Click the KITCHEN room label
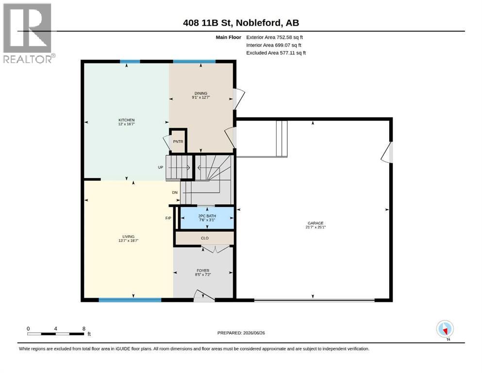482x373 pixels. click(127, 120)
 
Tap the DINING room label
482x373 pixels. click(201, 93)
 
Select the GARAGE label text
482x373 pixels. click(316, 223)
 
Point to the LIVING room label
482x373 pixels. click(129, 237)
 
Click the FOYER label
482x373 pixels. click(203, 271)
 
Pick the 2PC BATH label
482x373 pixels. click(207, 216)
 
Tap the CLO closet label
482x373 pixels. click(205, 238)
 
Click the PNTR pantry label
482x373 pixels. click(178, 141)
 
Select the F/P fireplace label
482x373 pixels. click(168, 218)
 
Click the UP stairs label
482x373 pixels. click(161, 167)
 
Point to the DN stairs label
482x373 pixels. click(175, 192)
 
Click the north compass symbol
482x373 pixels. click(445, 329)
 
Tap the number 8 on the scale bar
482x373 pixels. click(84, 328)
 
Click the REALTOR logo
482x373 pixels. click(28, 33)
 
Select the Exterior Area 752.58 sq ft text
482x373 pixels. click(275, 37)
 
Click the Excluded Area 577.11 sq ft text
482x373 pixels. click(276, 52)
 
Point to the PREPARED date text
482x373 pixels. click(241, 333)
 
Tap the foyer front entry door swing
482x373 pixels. click(204, 295)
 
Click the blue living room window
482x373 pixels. click(130, 300)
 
